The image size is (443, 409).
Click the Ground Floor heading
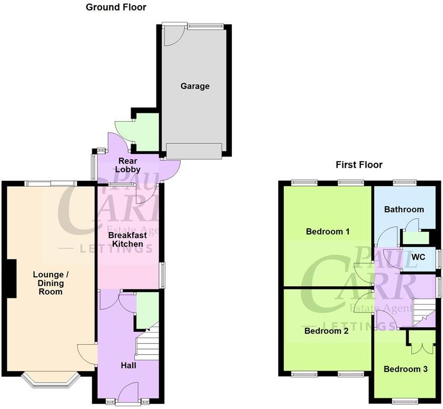tap(116, 7)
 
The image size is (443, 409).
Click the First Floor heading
tap(359, 165)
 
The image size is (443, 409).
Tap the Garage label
tap(195, 86)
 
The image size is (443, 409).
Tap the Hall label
tap(129, 365)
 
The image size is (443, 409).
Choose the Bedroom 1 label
tap(327, 231)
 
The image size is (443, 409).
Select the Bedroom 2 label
tap(327, 331)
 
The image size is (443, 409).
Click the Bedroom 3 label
tap(405, 369)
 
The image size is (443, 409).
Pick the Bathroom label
tap(403, 209)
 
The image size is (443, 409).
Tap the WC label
tap(418, 257)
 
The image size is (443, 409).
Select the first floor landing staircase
tap(424, 312)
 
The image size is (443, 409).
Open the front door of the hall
tap(129, 394)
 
